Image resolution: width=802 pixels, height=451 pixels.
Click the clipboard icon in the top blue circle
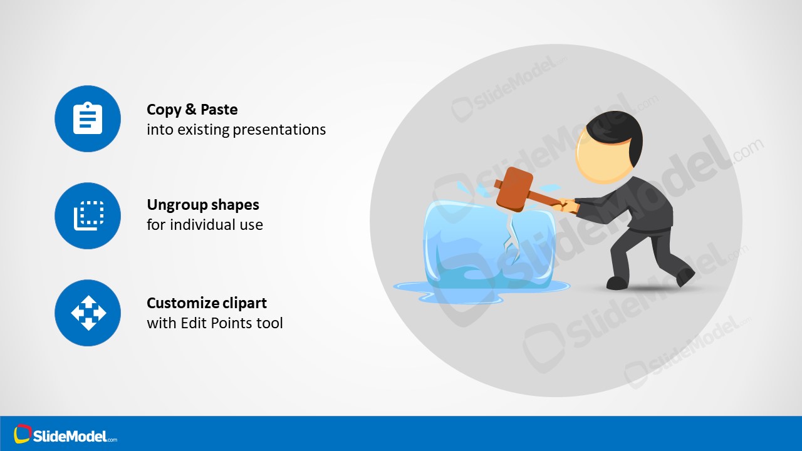(88, 118)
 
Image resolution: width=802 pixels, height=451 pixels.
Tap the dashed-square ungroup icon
(88, 215)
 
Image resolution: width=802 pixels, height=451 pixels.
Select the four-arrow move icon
(88, 313)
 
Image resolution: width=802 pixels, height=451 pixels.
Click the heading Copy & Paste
(192, 110)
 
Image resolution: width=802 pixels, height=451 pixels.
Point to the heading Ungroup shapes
(202, 205)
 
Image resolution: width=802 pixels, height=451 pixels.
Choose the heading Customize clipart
(206, 303)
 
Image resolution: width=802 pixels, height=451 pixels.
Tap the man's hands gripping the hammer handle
(567, 205)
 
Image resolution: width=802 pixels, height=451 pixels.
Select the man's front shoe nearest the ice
(617, 283)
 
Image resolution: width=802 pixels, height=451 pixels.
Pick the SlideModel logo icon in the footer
(23, 433)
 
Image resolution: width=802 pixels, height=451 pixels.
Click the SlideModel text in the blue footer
(74, 436)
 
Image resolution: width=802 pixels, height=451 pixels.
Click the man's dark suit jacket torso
(645, 204)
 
